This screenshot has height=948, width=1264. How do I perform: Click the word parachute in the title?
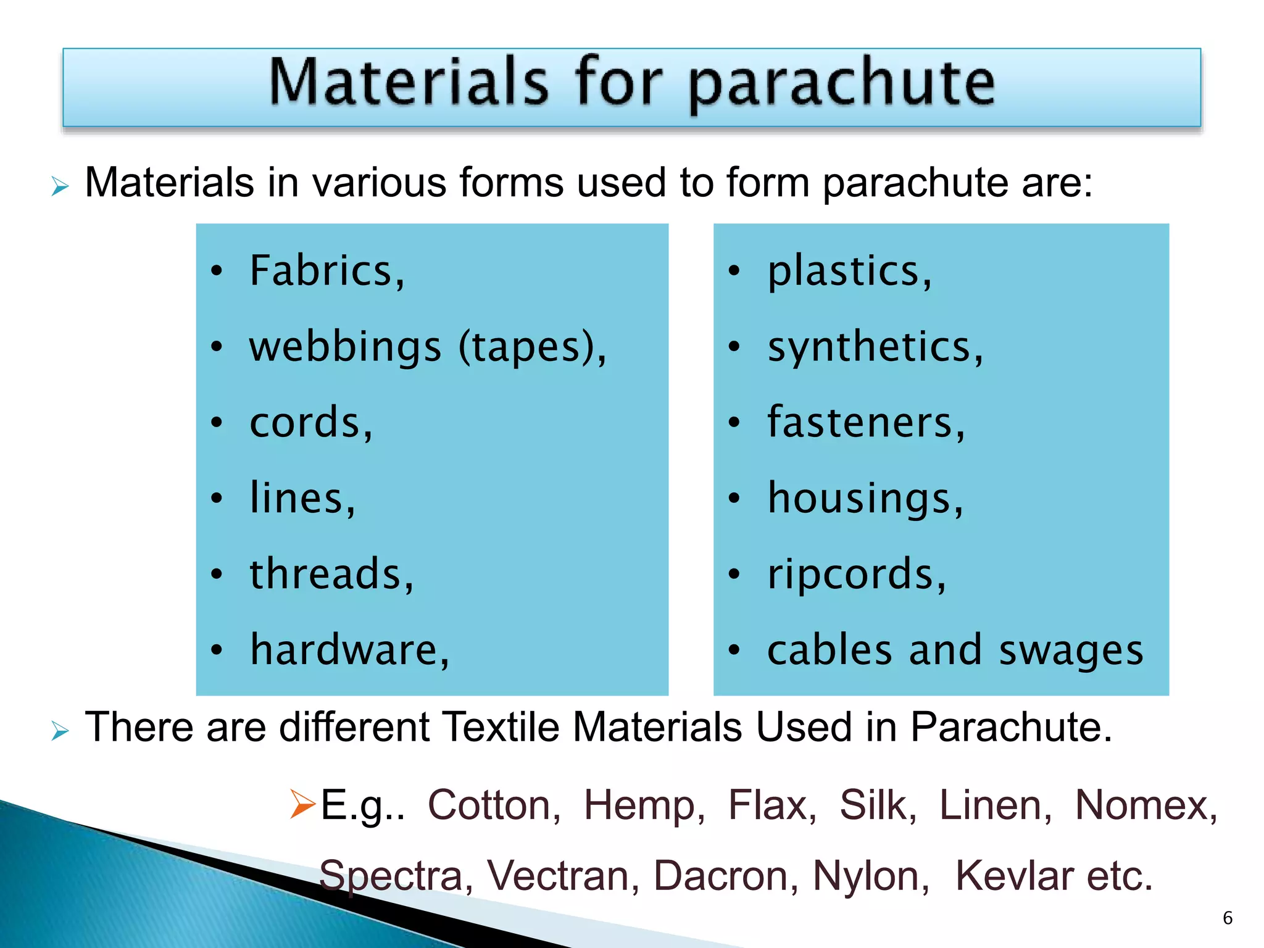841,83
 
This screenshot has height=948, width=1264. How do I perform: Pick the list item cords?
311,423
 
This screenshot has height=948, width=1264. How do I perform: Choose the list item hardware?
349,650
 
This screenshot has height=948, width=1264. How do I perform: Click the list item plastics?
849,271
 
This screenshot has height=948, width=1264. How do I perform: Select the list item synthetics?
875,347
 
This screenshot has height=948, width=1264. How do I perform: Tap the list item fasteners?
866,423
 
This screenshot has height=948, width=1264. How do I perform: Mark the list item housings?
865,499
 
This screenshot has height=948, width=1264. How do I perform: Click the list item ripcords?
856,574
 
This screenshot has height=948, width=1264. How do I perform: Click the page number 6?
1228,918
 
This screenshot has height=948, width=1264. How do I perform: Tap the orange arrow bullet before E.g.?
302,804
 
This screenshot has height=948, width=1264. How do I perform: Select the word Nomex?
1145,805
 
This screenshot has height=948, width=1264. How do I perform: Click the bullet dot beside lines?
216,499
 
